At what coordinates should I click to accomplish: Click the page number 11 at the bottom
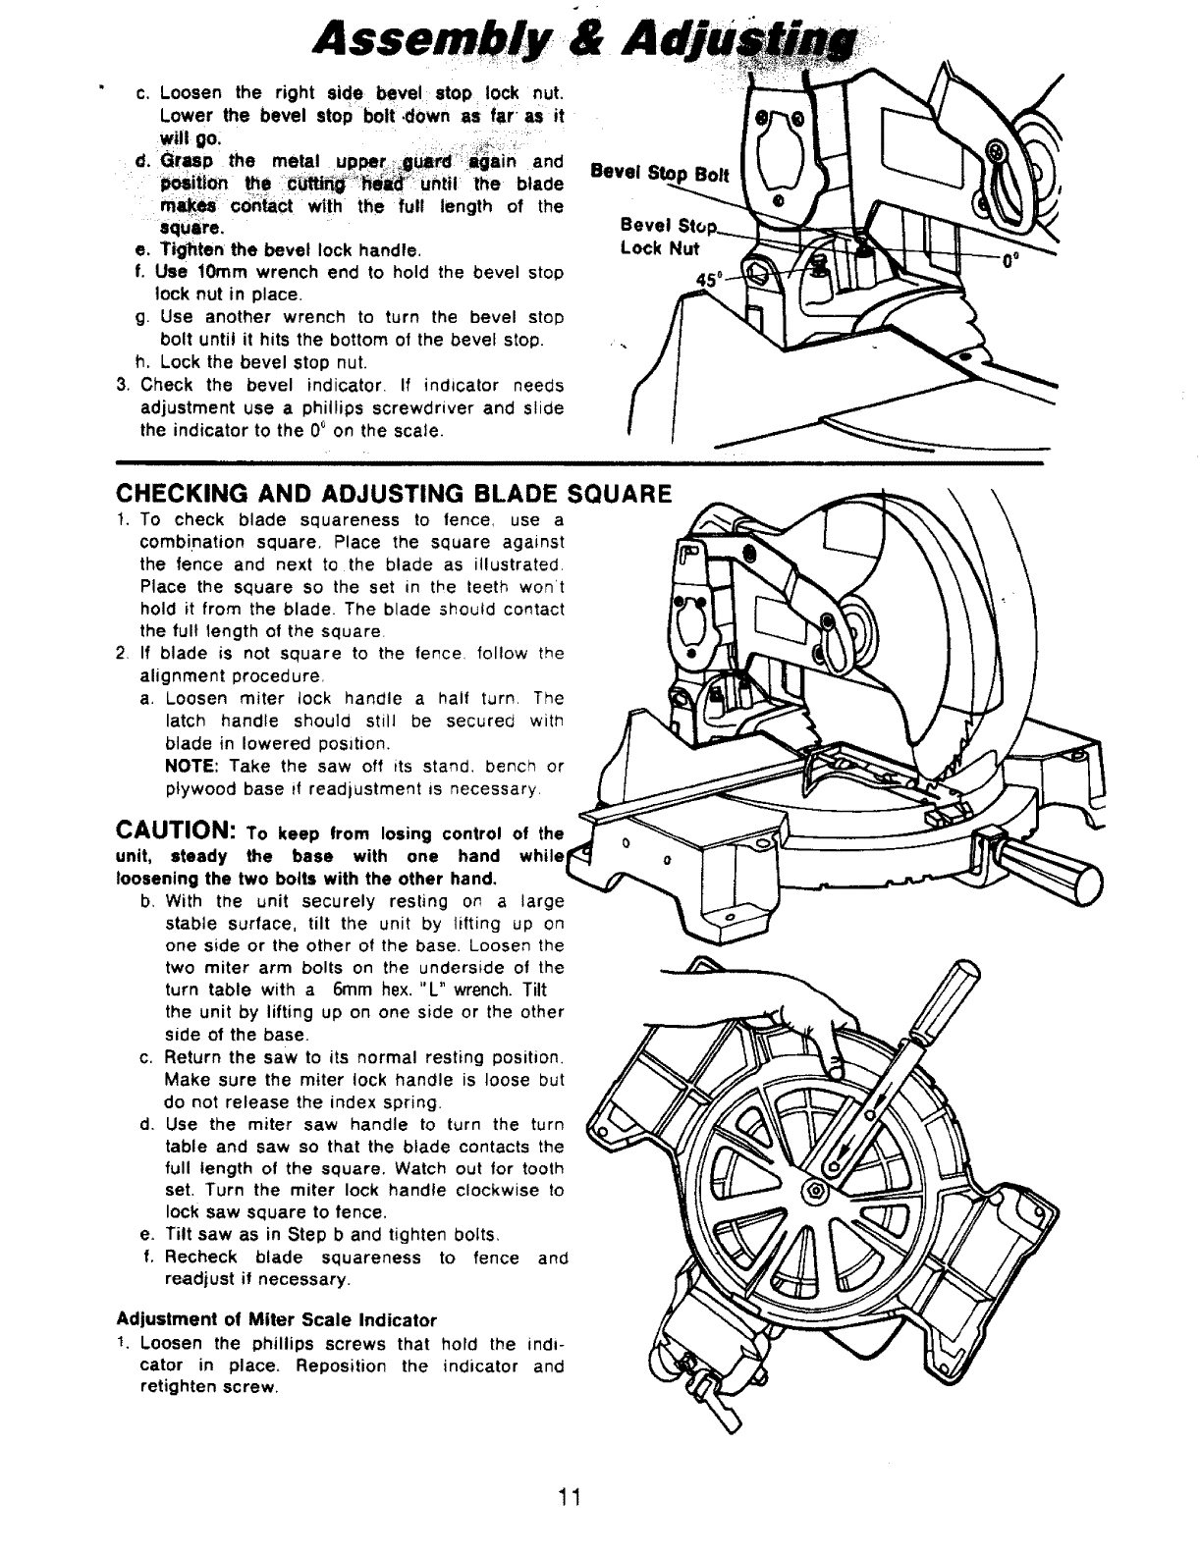point(571,1496)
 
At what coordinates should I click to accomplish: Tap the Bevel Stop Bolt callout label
point(657,175)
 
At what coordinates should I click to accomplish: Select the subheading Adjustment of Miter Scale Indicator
point(276,1317)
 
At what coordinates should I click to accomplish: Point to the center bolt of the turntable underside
point(815,1191)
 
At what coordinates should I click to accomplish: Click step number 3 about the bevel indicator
point(122,385)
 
